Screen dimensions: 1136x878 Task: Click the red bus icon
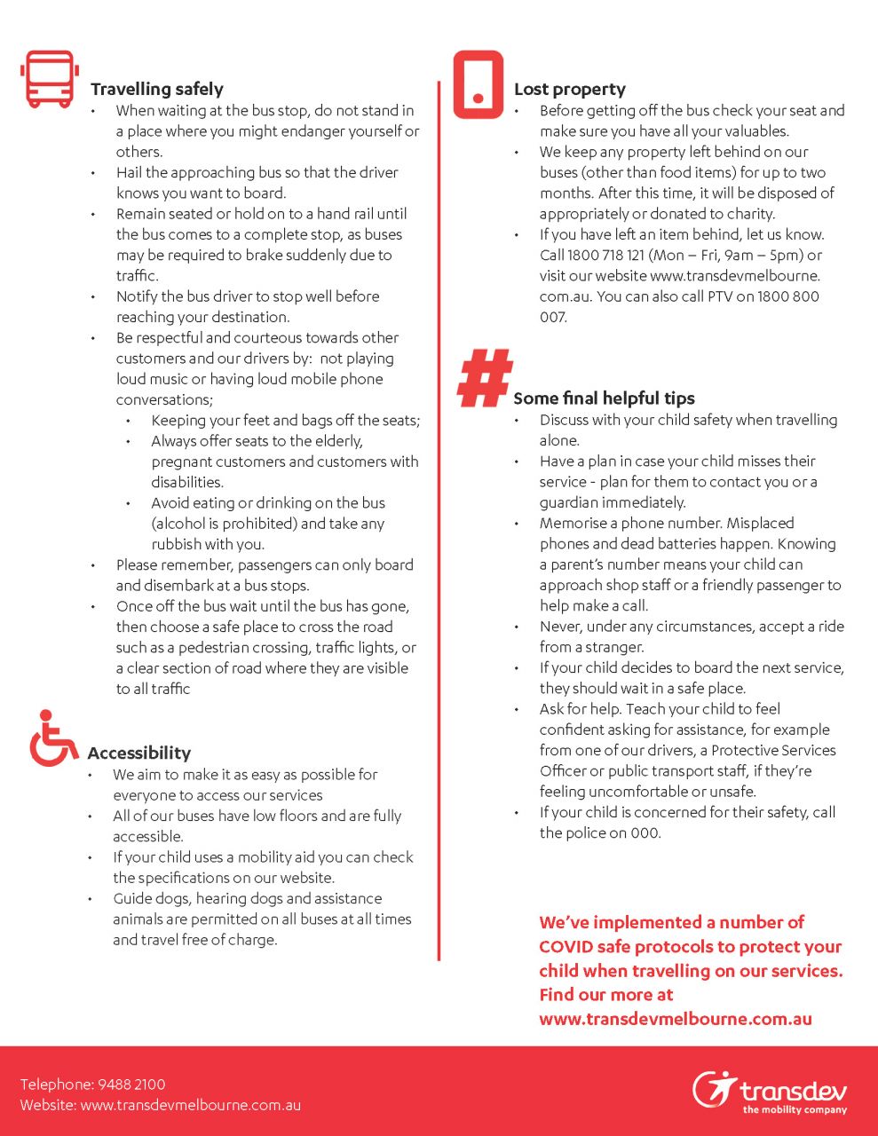click(x=49, y=80)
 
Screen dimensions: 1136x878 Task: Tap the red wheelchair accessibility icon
click(x=52, y=738)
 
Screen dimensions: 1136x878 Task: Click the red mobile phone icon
click(x=478, y=85)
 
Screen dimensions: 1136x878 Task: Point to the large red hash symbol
click(x=485, y=378)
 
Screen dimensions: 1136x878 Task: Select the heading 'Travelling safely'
click(x=156, y=89)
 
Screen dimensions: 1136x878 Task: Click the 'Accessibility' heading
click(x=138, y=753)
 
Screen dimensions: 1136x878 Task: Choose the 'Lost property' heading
click(x=569, y=89)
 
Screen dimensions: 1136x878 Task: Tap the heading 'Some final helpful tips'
click(x=604, y=398)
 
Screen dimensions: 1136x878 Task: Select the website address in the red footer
click(x=190, y=1105)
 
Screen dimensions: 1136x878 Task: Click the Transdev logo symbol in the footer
click(x=714, y=1089)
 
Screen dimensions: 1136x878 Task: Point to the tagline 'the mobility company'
click(x=795, y=1109)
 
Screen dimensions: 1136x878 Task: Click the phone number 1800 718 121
click(x=606, y=256)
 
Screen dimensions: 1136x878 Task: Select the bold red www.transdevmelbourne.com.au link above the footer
click(x=675, y=1019)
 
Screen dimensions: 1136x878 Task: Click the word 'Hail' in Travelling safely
click(x=129, y=173)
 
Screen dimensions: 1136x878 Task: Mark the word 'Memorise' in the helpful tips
click(x=572, y=524)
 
